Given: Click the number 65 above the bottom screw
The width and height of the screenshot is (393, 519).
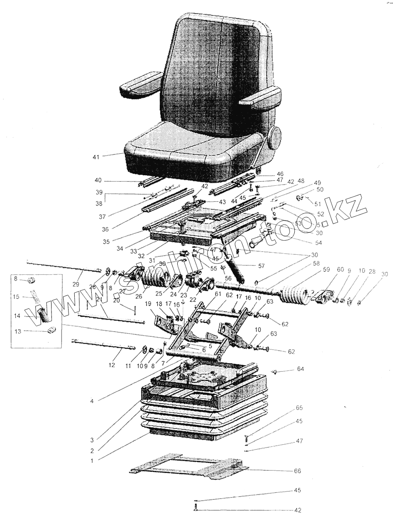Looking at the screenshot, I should (x=299, y=408).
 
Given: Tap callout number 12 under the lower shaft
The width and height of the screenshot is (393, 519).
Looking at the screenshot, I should (x=112, y=364).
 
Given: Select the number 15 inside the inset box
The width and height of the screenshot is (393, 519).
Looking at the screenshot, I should (x=16, y=297).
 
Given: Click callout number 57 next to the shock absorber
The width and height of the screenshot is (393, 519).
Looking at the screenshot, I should (x=262, y=265).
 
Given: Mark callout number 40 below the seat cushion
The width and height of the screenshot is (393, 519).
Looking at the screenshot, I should (x=98, y=180).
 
